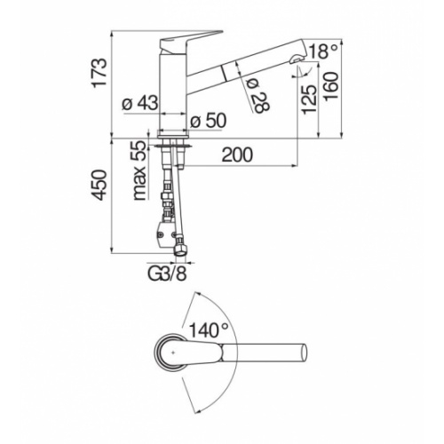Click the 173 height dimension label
99,73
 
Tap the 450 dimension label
99,185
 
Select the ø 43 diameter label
140,103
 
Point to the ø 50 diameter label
208,121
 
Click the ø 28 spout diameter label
258,96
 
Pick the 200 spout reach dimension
237,155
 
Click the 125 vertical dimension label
308,99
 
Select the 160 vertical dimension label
329,87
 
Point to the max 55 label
139,170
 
